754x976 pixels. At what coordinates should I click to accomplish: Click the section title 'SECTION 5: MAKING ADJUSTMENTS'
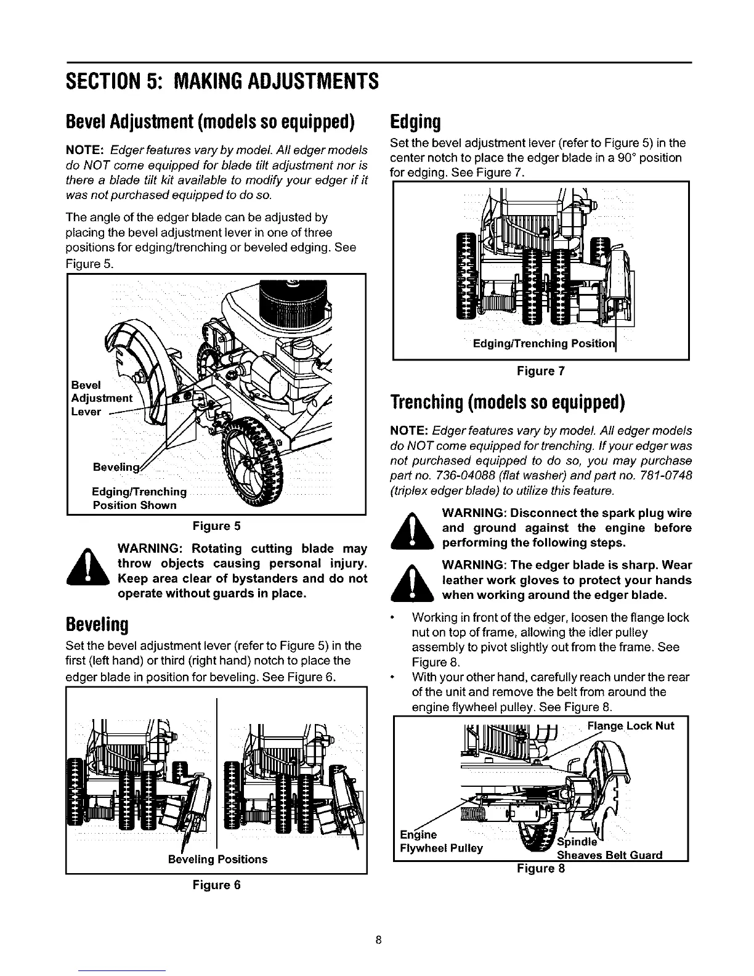click(221, 81)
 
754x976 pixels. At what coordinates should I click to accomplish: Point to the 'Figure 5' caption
click(216, 526)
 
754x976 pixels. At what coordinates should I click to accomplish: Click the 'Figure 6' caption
click(216, 885)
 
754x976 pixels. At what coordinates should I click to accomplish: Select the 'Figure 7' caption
click(540, 371)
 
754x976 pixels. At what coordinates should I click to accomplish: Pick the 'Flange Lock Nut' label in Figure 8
click(631, 725)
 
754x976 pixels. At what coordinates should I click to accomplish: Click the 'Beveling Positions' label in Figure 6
click(217, 859)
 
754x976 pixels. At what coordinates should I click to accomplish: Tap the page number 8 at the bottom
click(379, 940)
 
